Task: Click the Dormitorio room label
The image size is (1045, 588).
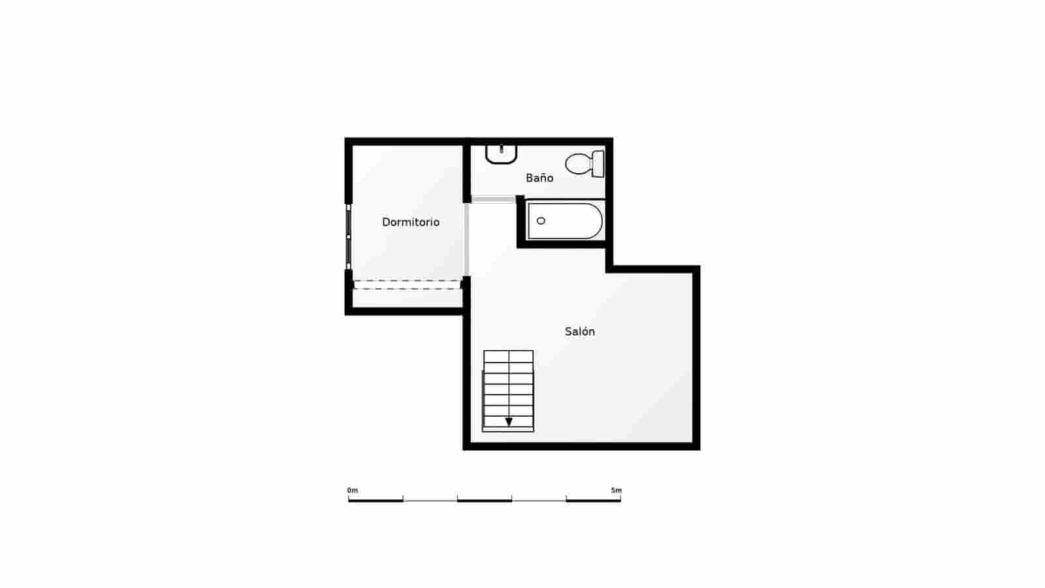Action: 410,222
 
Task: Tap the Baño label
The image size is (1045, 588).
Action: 539,178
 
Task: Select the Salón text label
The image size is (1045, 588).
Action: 579,331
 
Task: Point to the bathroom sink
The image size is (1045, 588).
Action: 501,154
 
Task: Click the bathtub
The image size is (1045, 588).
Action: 564,221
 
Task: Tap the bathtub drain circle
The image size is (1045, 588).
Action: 541,221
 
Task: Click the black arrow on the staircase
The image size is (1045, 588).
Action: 509,421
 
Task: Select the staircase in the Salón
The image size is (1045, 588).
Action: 508,391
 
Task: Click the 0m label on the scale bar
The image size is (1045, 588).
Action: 353,490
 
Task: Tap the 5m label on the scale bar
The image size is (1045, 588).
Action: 616,490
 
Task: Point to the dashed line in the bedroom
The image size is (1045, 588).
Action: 407,282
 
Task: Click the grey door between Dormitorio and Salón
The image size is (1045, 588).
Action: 466,239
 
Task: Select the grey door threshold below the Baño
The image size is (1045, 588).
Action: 493,199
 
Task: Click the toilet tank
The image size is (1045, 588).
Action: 598,163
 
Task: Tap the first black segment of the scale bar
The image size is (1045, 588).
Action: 376,500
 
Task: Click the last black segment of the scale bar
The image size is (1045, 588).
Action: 593,500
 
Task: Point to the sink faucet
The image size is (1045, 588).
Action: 501,148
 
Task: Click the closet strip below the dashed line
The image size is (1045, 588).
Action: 407,297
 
